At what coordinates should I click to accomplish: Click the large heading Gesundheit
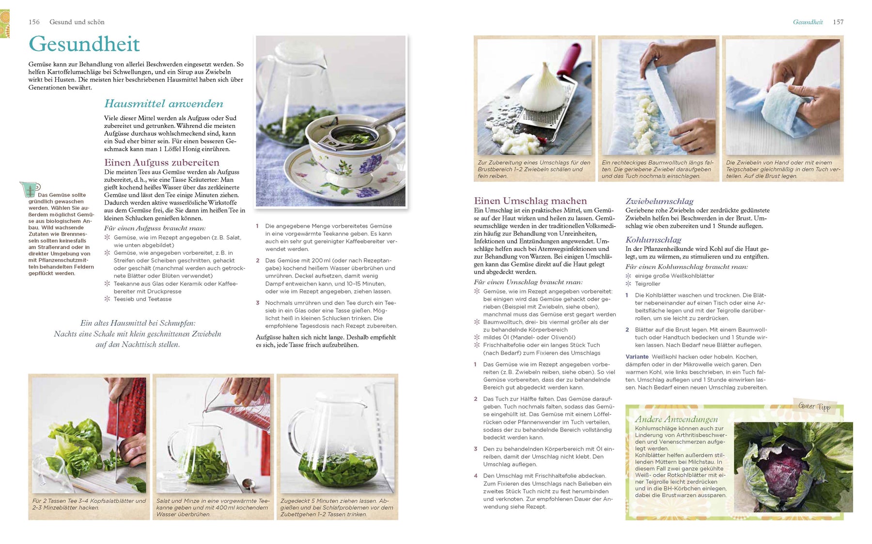pos(84,44)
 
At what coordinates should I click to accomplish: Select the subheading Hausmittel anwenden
pos(164,104)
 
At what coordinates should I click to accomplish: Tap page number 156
pos(34,22)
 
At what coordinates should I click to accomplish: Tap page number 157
pos(838,22)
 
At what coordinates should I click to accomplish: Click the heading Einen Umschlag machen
pos(530,201)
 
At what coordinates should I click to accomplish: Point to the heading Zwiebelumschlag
pos(659,201)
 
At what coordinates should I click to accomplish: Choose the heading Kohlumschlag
pos(653,240)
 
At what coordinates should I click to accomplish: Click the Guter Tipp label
pos(814,406)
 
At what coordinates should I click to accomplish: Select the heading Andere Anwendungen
pos(676,420)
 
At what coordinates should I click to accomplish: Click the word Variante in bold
pos(637,357)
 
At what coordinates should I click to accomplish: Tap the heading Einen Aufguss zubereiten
pos(162,163)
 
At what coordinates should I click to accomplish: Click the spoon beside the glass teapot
pos(249,484)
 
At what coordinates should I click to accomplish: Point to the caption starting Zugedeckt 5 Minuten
pos(337,507)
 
